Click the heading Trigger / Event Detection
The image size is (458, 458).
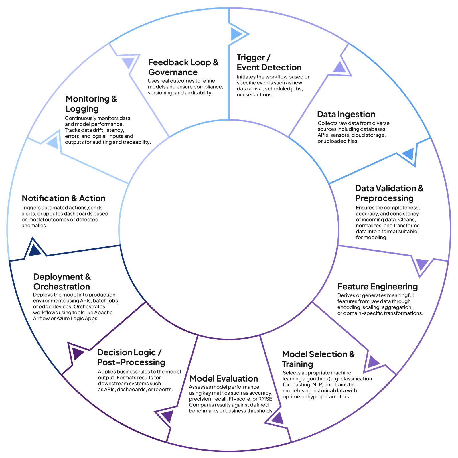(269, 62)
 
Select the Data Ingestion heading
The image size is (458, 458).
(346, 114)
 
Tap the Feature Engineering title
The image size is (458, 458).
(377, 287)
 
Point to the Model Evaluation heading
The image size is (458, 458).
(224, 378)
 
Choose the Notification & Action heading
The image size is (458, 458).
(64, 198)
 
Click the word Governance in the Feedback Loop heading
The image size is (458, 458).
(173, 72)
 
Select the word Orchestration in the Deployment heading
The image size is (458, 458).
(62, 287)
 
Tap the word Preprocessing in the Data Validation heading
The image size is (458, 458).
(384, 198)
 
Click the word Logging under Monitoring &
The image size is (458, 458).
(82, 109)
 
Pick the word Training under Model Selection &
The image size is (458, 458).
(297, 364)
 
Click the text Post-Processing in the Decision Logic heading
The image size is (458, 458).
(131, 362)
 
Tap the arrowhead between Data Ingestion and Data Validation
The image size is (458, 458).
(409, 155)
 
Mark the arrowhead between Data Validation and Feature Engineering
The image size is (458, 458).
(421, 264)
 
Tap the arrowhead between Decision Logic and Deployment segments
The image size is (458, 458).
(77, 353)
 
